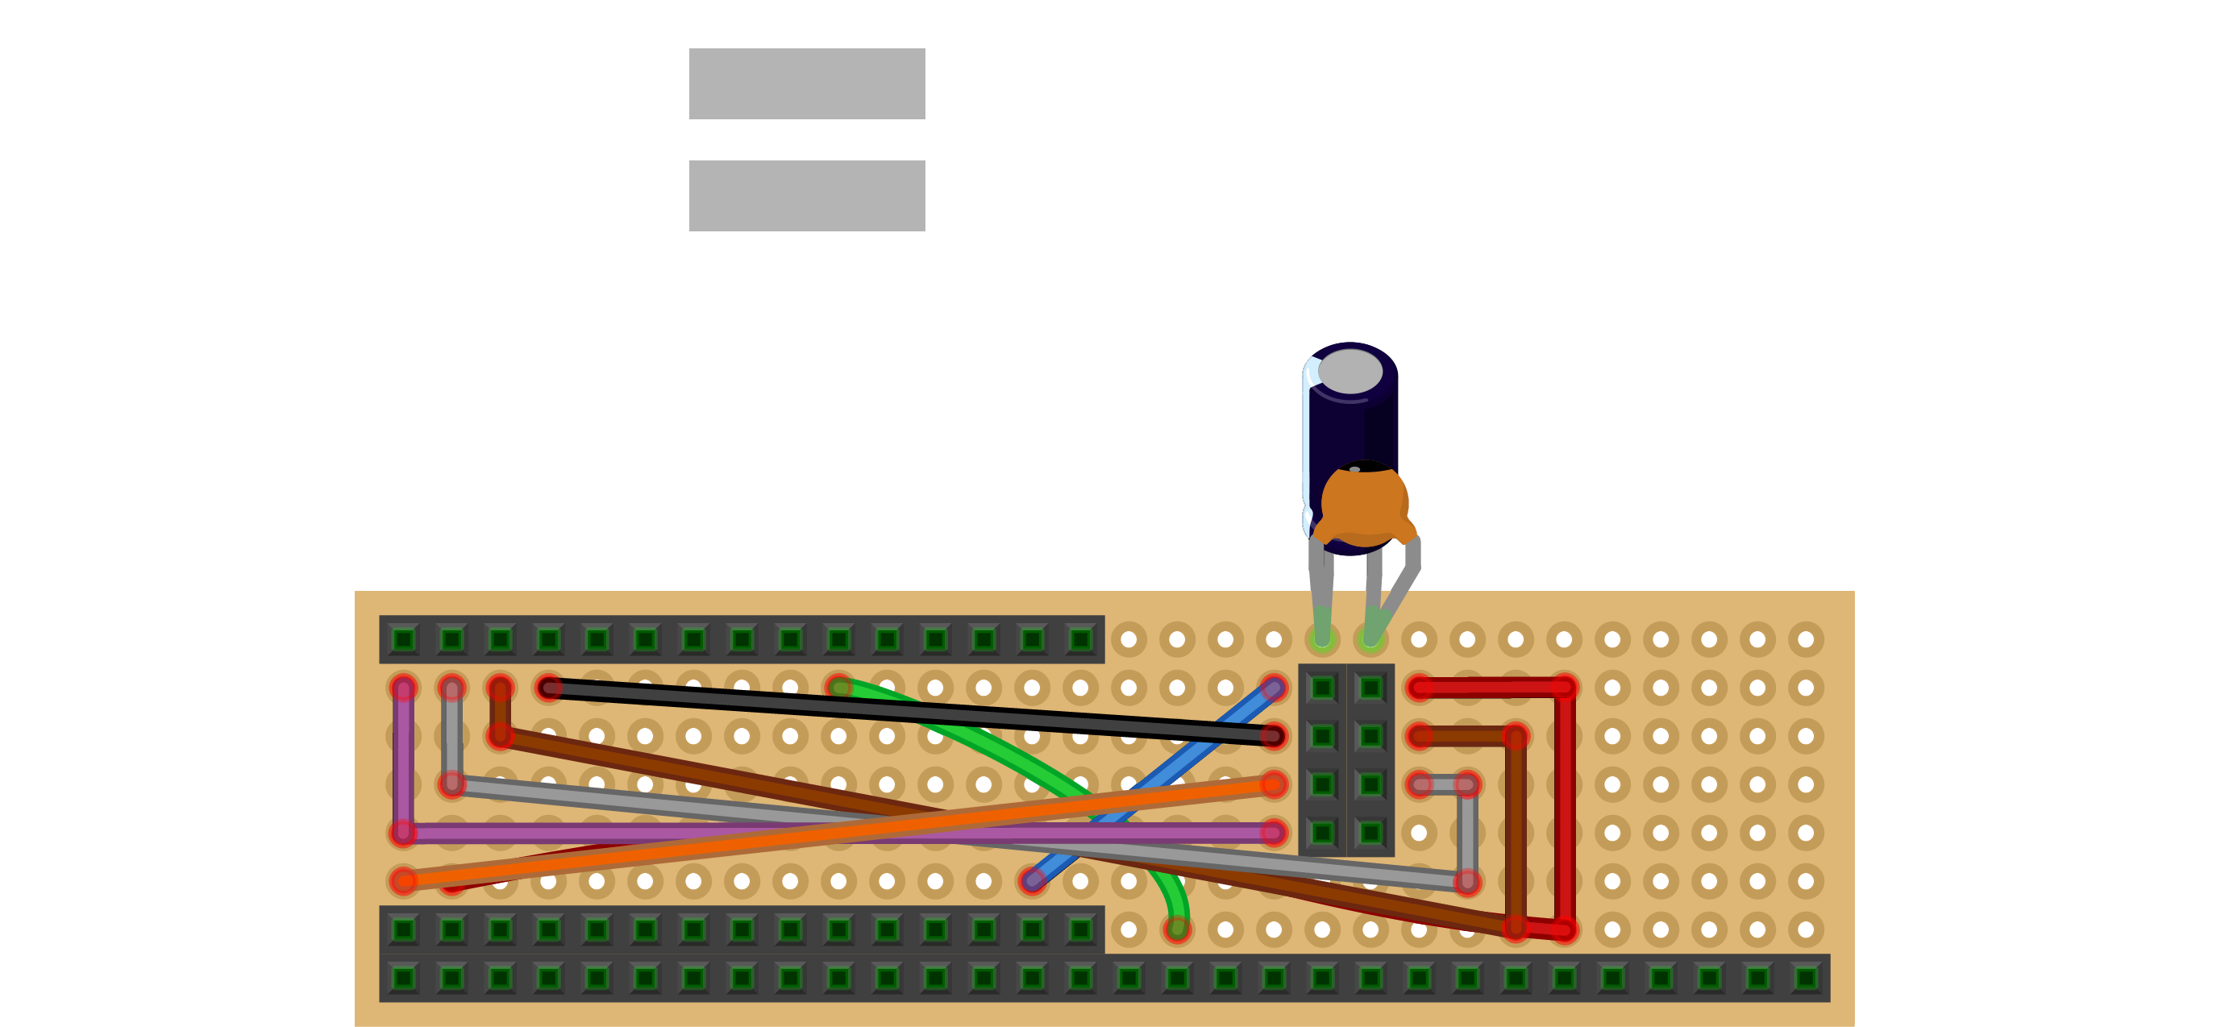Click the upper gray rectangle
[806, 84]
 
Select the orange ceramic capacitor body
[1365, 506]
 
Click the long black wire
[909, 711]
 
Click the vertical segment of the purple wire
[403, 761]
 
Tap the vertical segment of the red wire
[1565, 809]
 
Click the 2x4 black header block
[1346, 759]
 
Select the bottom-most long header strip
[1104, 978]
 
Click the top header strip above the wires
[742, 639]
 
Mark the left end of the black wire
[549, 688]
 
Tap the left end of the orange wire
[403, 882]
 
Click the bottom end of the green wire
[1177, 929]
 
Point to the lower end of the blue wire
[1033, 881]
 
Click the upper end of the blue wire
[1273, 688]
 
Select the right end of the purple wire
[1273, 834]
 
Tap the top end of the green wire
[838, 688]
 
